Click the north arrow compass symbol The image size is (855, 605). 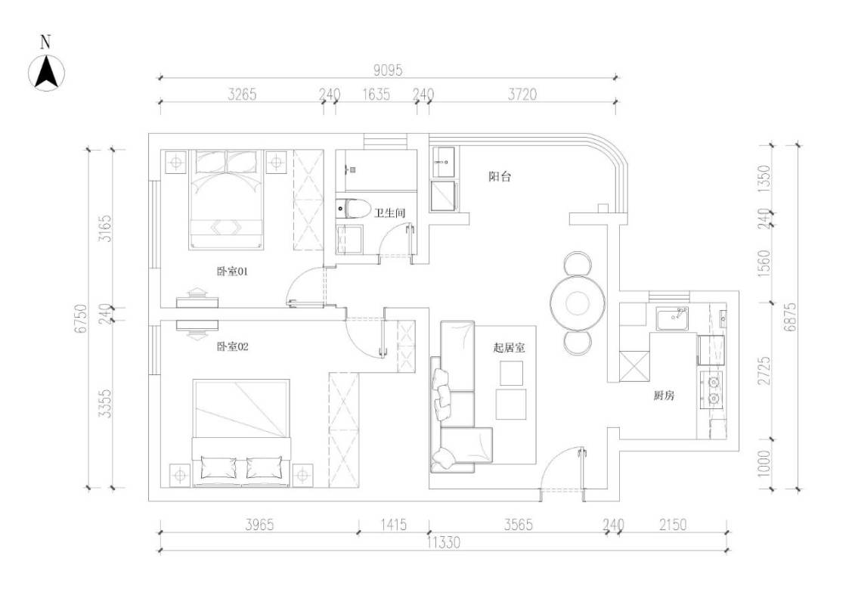[x=46, y=72]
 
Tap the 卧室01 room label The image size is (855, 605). [x=232, y=271]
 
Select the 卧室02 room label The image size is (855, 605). [x=232, y=346]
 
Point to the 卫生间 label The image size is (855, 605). [x=389, y=213]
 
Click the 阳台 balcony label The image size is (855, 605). [x=500, y=176]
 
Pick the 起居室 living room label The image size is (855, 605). [x=509, y=348]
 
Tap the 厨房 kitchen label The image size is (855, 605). [x=664, y=396]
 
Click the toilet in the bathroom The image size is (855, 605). [x=350, y=209]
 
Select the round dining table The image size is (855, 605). [x=578, y=302]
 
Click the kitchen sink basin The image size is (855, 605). [x=672, y=318]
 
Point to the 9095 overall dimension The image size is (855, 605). [x=388, y=70]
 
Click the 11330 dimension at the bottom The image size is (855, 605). [x=443, y=542]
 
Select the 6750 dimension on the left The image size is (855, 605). [x=81, y=319]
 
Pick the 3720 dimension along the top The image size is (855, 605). [x=522, y=95]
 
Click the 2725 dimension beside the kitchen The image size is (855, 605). [x=764, y=371]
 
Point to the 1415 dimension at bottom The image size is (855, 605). [x=393, y=525]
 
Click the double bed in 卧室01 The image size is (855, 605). [x=226, y=200]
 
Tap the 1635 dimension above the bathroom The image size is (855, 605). [x=376, y=95]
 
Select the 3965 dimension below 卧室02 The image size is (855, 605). [x=259, y=525]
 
